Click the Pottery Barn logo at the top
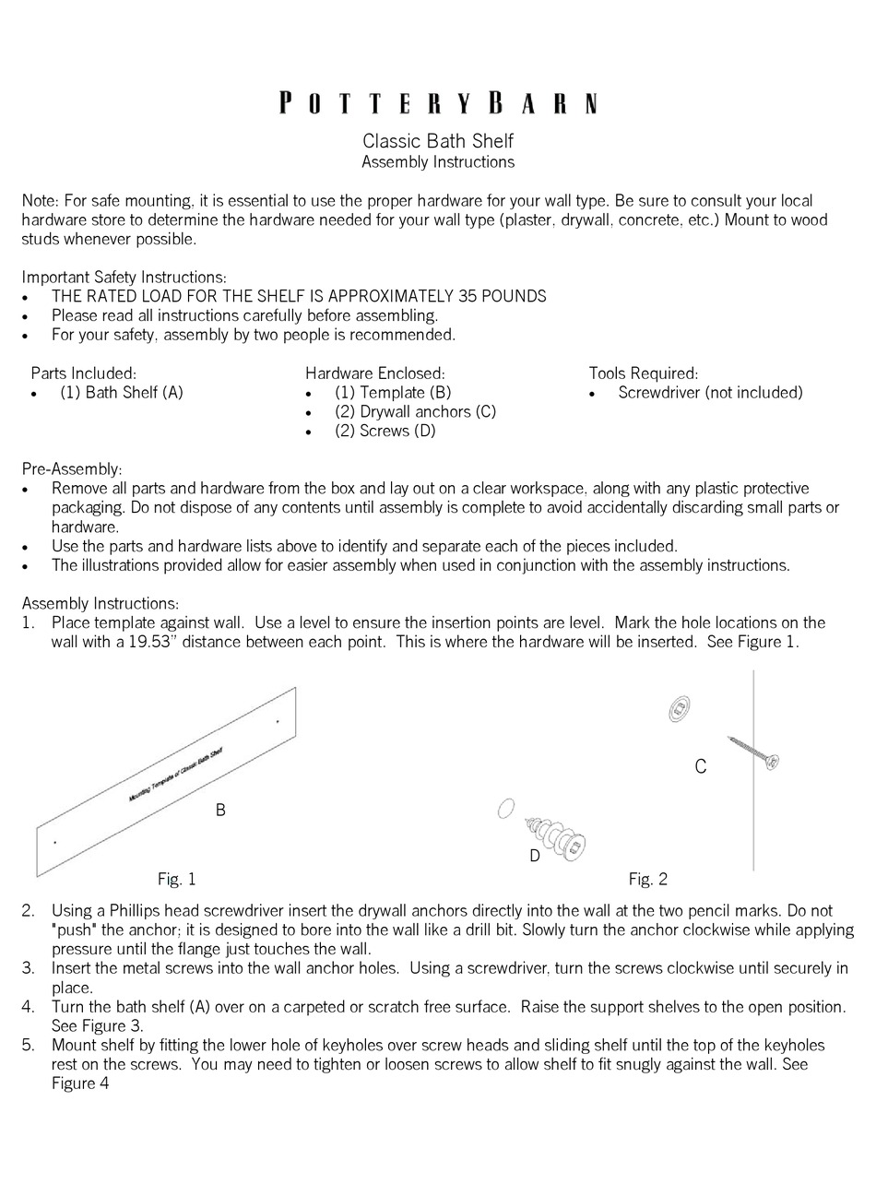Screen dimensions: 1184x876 click(438, 102)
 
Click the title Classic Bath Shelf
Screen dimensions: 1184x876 click(437, 141)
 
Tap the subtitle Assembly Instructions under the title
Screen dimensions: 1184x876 click(437, 162)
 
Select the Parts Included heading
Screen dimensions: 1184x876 click(83, 373)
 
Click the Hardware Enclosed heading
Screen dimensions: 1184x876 click(374, 373)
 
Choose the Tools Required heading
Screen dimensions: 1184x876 click(643, 373)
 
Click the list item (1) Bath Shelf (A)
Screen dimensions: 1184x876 click(122, 393)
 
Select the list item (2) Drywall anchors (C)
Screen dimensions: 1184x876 click(415, 412)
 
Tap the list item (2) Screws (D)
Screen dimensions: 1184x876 click(385, 432)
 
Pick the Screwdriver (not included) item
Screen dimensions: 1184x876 click(710, 393)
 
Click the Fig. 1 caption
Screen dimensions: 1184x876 click(176, 879)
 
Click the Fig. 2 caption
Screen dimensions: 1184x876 click(647, 879)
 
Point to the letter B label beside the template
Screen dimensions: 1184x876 click(220, 811)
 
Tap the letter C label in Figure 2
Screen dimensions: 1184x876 click(700, 767)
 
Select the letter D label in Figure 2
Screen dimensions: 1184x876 click(534, 856)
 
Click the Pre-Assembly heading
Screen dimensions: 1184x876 click(71, 469)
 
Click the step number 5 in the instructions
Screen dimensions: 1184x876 click(28, 1045)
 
